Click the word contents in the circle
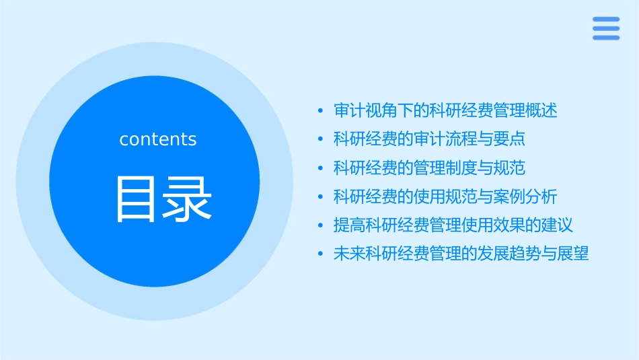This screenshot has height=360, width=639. [158, 139]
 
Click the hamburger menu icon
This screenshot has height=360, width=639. [606, 29]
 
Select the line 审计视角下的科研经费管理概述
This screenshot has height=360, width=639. [445, 110]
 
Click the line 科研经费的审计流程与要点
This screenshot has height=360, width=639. [429, 139]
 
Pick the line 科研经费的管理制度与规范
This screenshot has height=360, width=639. [429, 168]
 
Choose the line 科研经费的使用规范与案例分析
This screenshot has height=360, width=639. [445, 196]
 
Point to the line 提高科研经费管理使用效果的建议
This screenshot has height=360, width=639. [453, 225]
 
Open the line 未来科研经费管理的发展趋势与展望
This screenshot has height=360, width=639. [461, 254]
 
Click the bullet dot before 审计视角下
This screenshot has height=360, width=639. [321, 111]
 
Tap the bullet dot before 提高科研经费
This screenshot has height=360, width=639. [321, 225]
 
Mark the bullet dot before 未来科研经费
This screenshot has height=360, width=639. [321, 254]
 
